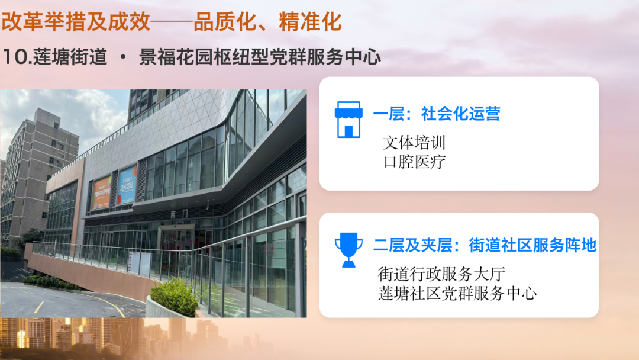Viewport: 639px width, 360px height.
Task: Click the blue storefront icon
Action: coord(348,120)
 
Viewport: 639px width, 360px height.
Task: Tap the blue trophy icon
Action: coord(348,250)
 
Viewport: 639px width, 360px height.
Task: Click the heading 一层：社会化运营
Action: coord(437,114)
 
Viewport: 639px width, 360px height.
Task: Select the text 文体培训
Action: coord(414,142)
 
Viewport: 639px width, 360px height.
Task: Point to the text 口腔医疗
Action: coord(414,162)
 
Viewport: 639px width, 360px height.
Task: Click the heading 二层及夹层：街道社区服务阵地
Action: coord(485,246)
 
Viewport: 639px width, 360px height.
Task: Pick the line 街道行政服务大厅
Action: coord(441,274)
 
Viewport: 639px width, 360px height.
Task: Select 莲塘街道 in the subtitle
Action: coord(70,57)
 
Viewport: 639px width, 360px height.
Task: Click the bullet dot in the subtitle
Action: coord(123,57)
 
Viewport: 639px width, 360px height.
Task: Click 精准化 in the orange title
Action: coord(310,21)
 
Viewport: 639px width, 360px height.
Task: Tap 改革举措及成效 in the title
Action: coord(76,21)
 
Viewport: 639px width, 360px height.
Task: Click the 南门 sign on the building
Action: coord(179,213)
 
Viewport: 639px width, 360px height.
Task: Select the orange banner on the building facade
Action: coord(101,192)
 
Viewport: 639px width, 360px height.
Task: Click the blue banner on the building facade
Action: coord(127,184)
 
